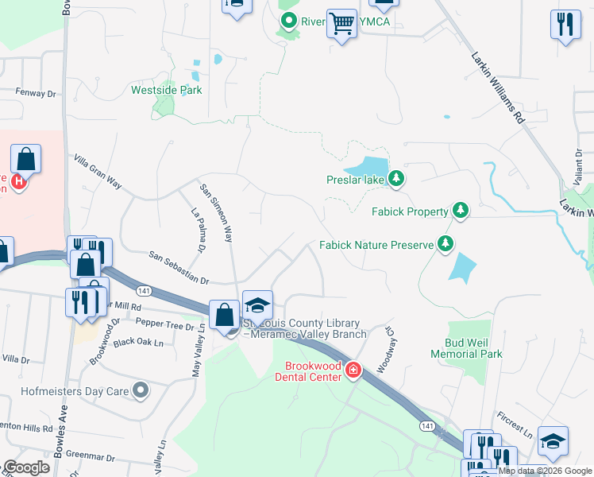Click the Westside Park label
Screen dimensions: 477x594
click(x=166, y=90)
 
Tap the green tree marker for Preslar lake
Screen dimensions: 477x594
click(x=396, y=179)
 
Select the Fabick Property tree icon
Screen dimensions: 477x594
click(x=459, y=211)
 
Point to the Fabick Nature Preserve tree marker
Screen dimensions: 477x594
click(x=446, y=244)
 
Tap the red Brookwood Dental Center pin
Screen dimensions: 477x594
click(x=353, y=370)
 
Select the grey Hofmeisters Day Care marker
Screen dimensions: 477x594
click(x=141, y=390)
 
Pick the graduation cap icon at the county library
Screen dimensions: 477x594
click(x=257, y=305)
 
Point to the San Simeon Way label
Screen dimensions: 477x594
click(x=216, y=212)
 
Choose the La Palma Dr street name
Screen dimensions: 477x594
click(x=198, y=231)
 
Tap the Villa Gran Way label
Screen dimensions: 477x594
click(x=98, y=173)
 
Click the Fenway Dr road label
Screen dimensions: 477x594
click(x=37, y=93)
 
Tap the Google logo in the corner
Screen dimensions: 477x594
click(x=26, y=467)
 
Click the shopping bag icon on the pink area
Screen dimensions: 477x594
click(x=26, y=159)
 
